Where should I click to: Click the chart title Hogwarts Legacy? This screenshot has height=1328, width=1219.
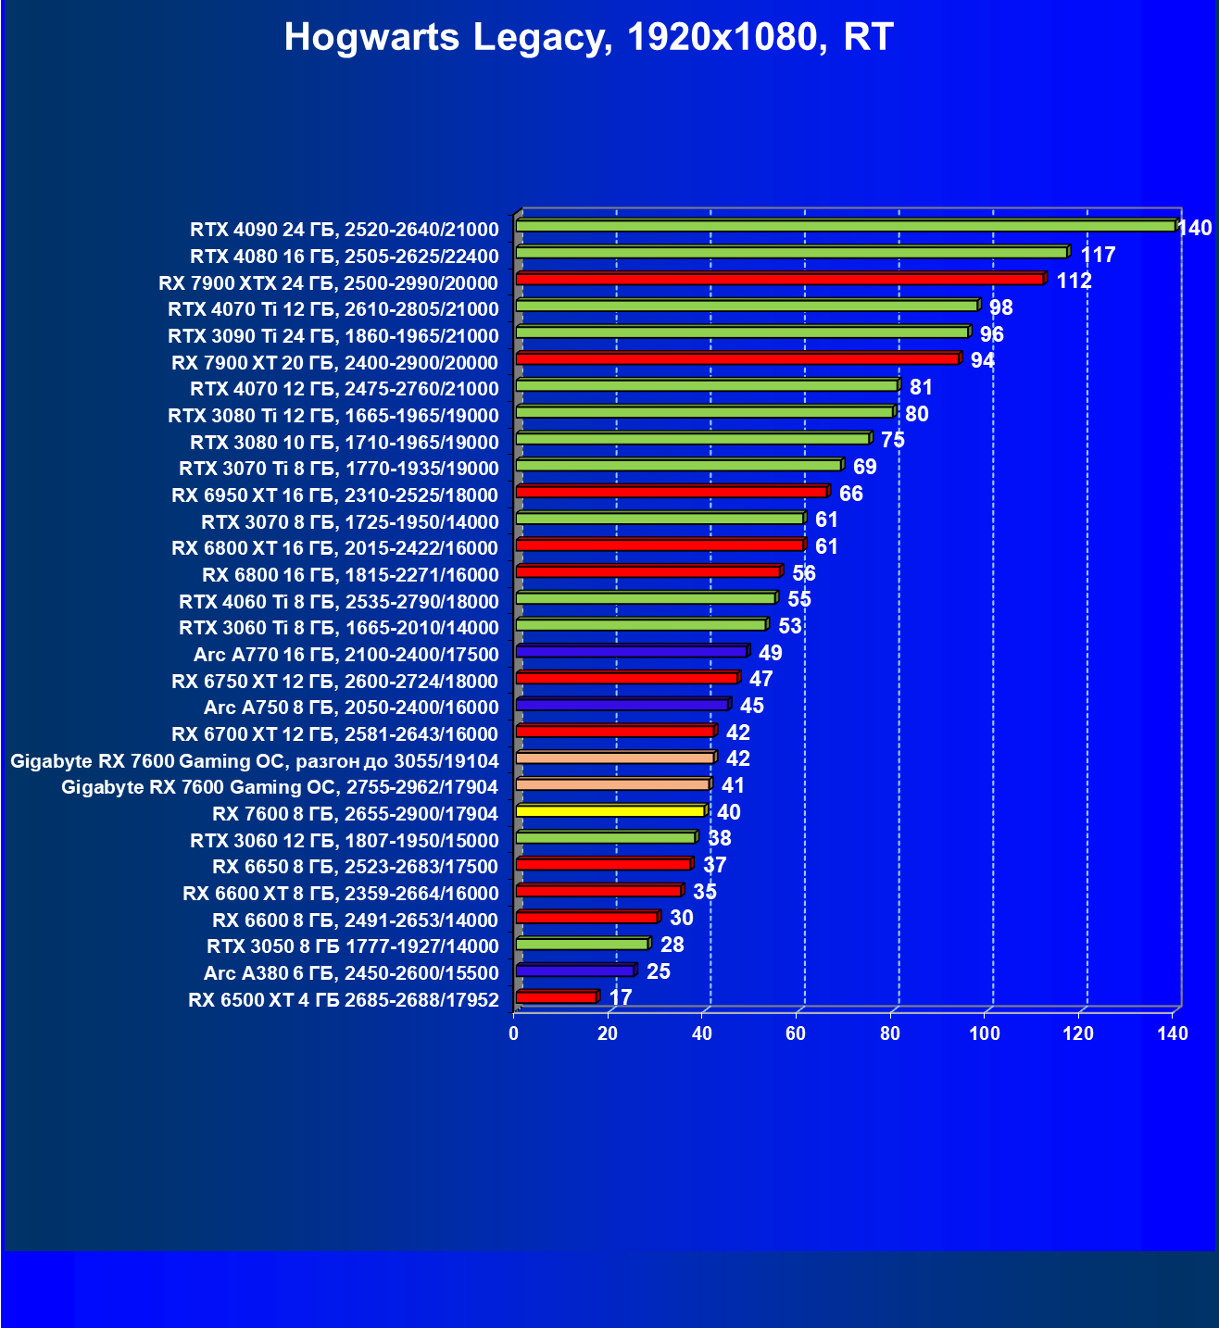588,38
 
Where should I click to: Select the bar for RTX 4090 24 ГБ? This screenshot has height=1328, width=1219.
845,226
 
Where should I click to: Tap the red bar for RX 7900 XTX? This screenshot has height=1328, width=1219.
780,279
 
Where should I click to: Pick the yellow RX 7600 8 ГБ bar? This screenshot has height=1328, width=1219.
610,811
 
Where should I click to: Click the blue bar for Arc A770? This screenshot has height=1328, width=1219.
631,652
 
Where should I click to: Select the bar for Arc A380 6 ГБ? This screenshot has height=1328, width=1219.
574,971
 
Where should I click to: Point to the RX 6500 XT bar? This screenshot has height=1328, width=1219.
556,997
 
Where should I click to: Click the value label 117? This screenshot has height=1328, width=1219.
1098,255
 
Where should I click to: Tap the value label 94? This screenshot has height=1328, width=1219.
982,360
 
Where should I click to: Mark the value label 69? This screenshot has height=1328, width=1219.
864,467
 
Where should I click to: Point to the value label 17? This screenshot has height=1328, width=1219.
621,997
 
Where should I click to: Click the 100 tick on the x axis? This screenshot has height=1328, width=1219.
984,1034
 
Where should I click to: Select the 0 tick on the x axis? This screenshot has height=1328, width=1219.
514,1034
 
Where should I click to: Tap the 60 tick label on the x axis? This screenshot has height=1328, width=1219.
796,1034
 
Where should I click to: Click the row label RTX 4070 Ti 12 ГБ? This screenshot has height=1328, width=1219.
333,309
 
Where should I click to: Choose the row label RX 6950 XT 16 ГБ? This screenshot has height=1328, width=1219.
335,495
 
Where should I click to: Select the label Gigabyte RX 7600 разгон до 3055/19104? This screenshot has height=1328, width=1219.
255,761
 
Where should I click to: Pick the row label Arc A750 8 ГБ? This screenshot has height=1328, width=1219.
351,708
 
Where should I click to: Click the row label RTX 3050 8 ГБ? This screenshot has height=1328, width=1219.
353,946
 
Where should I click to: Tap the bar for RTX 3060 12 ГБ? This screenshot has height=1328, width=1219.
606,837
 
